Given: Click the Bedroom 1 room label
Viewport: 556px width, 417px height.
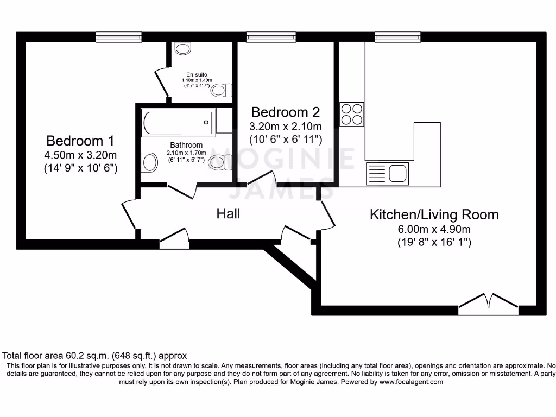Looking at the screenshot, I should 80,141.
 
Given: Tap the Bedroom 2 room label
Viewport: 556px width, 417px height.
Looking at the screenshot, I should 285,112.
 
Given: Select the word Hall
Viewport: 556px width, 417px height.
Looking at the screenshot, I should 228,213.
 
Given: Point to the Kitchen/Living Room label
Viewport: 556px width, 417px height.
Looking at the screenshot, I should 434,214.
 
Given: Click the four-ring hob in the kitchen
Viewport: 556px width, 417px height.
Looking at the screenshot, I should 351,114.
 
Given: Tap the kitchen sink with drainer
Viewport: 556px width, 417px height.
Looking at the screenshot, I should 388,174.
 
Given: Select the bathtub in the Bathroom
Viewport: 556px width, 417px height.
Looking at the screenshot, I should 178,122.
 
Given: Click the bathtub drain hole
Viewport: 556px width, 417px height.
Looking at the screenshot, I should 206,122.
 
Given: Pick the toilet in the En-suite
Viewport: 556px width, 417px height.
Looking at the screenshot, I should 222,89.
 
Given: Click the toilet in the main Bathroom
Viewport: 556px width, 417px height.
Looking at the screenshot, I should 219,162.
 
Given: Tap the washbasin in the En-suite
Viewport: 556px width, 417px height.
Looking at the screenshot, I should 183,48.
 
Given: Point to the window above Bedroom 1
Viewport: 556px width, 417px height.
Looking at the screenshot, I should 119,37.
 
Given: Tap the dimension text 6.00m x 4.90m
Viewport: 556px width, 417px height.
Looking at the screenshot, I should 434,229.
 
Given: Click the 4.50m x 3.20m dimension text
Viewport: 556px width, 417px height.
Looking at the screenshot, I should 80,155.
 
